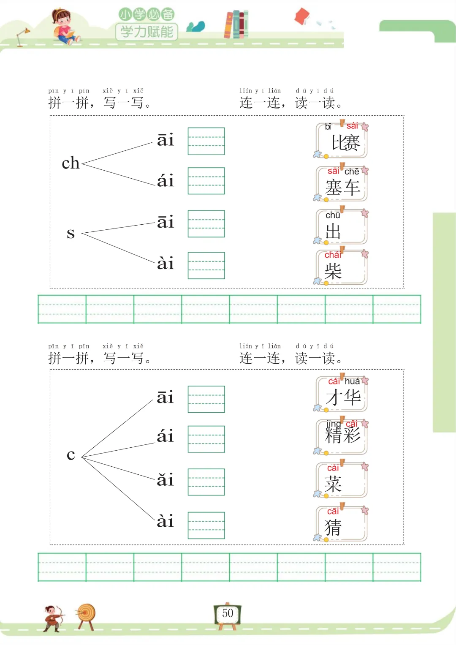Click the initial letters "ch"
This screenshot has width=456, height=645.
71,163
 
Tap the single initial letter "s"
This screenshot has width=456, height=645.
71,233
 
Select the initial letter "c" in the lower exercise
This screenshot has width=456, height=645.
71,455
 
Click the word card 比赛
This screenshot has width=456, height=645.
342,141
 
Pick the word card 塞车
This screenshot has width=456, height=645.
342,184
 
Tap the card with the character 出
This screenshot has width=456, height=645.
342,227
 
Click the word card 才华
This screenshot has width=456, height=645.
342,394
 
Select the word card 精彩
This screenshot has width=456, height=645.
342,437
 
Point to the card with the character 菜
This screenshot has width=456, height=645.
342,480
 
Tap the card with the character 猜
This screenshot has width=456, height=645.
342,524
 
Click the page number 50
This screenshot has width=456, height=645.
228,613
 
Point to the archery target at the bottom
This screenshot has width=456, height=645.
86,615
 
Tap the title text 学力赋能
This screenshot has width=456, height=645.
147,32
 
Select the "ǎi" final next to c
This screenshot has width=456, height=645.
165,480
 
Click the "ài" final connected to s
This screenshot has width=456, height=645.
165,264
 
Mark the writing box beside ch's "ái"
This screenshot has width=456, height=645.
206,181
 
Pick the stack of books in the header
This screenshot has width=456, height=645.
236,24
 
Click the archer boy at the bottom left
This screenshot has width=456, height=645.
53,618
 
